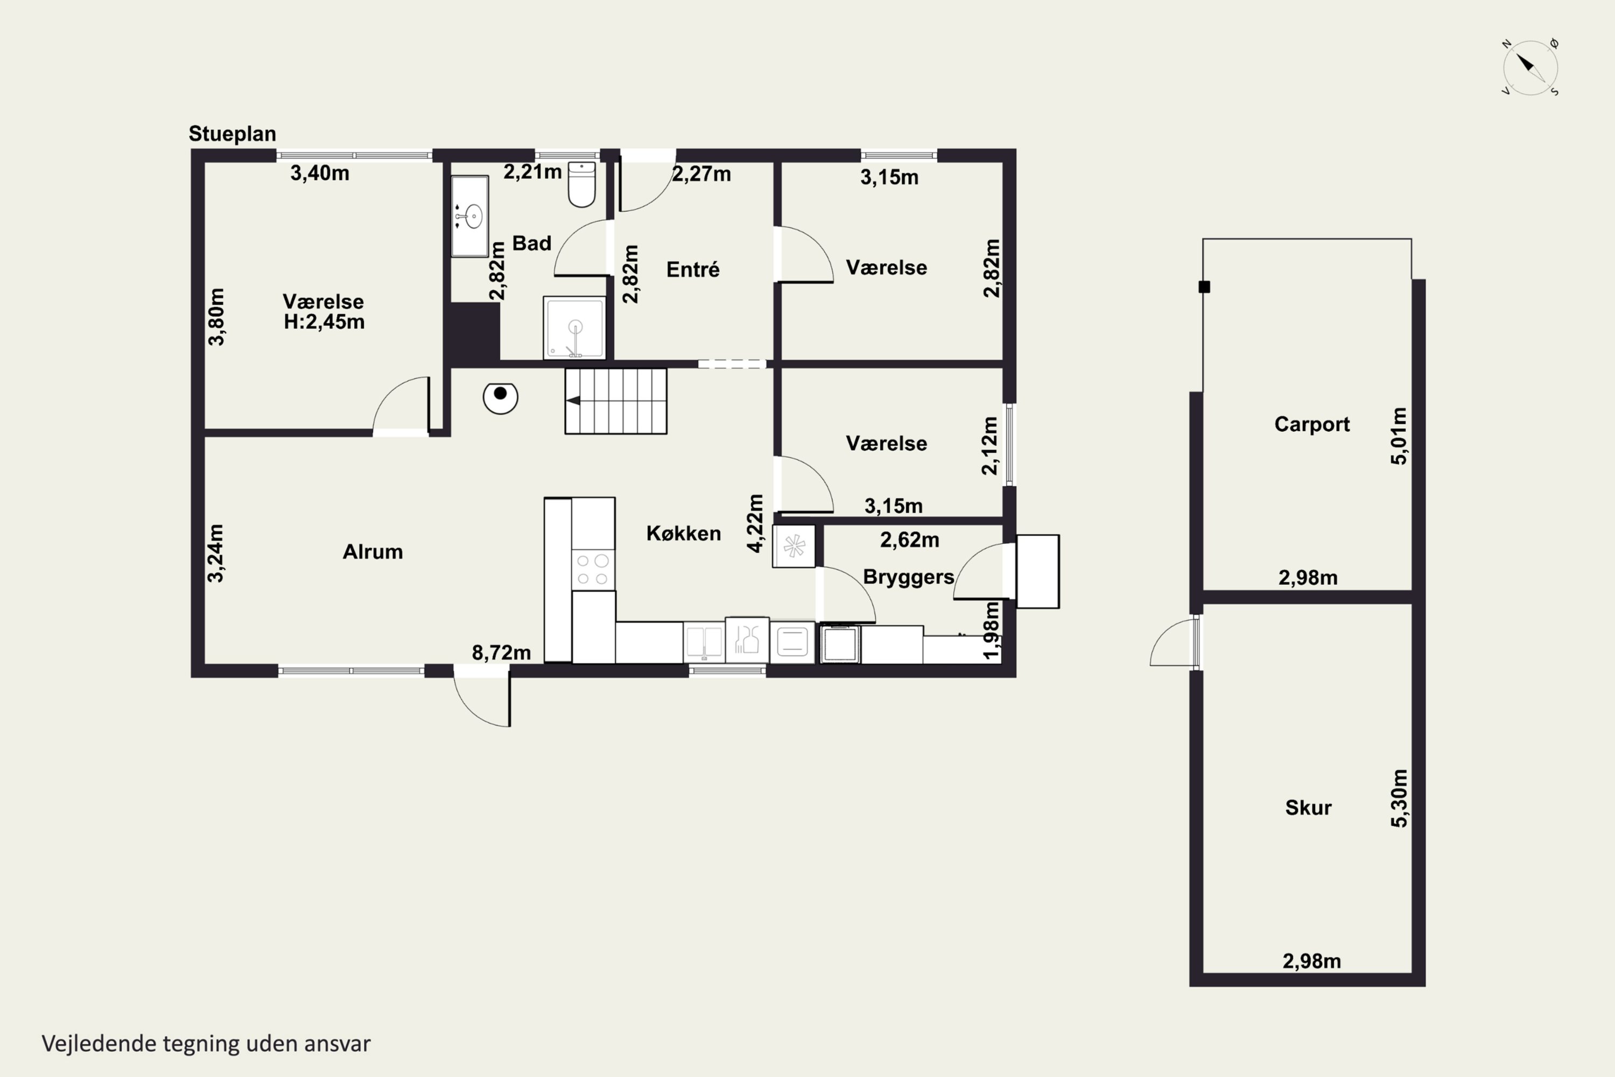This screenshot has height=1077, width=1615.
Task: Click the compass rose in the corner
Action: [x=1530, y=67]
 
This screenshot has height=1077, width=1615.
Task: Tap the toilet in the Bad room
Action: [x=581, y=184]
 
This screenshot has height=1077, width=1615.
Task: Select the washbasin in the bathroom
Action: [x=469, y=216]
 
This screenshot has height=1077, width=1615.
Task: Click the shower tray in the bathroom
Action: [x=574, y=327]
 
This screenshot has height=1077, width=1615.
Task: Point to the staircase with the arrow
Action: [x=616, y=401]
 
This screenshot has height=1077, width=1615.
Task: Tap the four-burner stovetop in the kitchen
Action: [x=593, y=569]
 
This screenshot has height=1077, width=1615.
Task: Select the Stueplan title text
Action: [x=232, y=134]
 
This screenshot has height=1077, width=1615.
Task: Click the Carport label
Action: [x=1311, y=424]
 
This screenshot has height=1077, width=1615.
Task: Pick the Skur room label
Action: [x=1308, y=808]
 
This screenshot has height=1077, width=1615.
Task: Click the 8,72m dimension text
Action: [x=501, y=653]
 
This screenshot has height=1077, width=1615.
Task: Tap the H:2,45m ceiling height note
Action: [x=324, y=321]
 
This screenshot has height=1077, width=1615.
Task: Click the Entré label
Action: [x=693, y=269]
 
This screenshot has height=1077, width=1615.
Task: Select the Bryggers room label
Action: [x=909, y=577]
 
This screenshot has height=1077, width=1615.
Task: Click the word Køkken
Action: [x=683, y=533]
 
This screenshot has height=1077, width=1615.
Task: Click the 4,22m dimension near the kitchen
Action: [x=755, y=523]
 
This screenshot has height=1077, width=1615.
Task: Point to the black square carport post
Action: [x=1204, y=287]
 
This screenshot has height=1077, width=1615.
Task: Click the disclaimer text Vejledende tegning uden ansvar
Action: [x=206, y=1044]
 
